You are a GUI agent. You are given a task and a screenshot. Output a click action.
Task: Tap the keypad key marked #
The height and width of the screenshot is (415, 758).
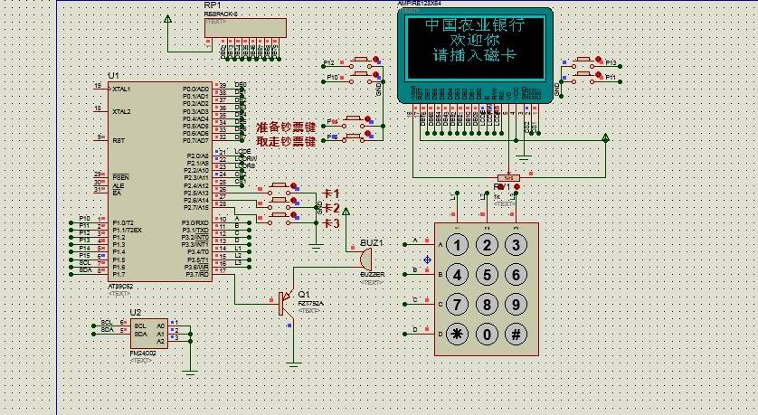516,334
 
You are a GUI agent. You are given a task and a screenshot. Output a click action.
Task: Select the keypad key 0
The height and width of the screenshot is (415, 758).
488,334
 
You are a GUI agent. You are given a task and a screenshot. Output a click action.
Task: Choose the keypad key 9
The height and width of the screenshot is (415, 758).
516,304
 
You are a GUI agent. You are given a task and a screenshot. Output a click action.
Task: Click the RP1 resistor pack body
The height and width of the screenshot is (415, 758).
245,28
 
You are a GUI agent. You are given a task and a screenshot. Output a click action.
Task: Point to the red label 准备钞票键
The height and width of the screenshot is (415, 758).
286,127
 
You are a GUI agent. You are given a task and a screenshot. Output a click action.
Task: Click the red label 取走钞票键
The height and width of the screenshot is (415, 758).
286,142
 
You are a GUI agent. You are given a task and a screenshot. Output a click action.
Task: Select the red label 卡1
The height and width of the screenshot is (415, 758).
331,193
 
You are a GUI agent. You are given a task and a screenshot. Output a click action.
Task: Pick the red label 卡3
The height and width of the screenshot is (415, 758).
331,222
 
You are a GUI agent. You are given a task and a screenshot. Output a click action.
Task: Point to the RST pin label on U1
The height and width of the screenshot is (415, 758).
118,140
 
